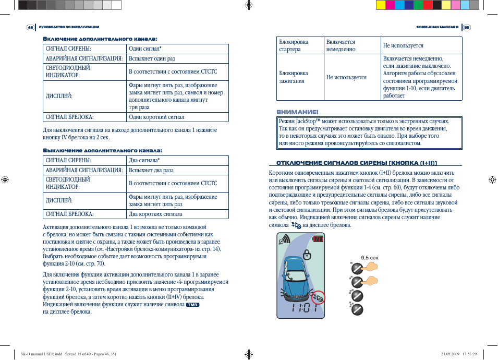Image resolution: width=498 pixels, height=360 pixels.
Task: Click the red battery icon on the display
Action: (x=318, y=239)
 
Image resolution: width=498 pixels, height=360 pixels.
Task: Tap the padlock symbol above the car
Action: (x=307, y=255)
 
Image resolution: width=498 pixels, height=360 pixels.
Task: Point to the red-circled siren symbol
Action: (x=317, y=297)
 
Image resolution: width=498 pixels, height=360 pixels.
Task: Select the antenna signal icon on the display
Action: (x=285, y=240)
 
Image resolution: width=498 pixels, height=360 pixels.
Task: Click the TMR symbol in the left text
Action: (x=193, y=304)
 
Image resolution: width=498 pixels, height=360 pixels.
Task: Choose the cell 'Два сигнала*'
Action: (x=144, y=160)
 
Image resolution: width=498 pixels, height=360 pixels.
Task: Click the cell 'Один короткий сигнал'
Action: (x=156, y=117)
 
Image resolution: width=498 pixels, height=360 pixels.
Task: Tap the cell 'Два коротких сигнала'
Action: (x=155, y=214)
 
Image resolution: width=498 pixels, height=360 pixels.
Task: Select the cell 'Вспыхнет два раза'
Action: (x=151, y=170)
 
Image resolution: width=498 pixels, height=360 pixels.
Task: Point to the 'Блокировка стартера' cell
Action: (x=294, y=45)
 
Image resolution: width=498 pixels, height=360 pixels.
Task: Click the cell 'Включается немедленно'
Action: (x=341, y=45)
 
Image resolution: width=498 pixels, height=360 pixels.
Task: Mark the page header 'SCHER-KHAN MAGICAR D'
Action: (x=437, y=27)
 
